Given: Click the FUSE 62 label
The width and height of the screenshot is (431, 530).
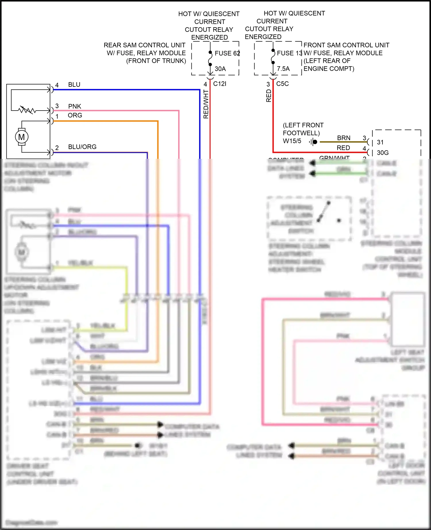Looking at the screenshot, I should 227,53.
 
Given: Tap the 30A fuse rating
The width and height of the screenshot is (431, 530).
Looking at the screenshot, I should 220,69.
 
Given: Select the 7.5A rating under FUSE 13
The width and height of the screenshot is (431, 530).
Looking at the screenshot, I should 283,69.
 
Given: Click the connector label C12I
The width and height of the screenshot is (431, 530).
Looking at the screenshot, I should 220,84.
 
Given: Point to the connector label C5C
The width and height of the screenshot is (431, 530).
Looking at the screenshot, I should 282,84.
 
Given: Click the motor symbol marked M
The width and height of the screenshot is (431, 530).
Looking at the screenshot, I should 22,137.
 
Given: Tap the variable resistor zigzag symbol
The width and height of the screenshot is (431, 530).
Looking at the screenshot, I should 27,110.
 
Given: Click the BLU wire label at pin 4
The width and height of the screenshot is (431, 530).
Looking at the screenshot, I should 74,85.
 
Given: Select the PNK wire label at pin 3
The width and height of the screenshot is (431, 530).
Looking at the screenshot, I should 74,107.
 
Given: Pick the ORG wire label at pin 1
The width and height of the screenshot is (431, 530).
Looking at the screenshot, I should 75,115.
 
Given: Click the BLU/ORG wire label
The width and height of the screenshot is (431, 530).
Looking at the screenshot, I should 82,147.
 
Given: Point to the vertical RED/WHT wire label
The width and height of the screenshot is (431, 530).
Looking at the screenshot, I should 206,104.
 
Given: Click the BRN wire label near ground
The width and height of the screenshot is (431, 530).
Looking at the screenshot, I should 344,138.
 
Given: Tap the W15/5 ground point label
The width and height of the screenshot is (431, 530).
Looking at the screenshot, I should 292,141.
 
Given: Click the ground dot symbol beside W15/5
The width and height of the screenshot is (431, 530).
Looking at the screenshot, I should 315,142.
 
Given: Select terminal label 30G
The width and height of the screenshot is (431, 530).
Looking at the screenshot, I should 383,153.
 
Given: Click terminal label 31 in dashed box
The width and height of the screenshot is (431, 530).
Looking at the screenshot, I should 380,142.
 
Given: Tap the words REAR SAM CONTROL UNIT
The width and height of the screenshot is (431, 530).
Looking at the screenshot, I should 144,45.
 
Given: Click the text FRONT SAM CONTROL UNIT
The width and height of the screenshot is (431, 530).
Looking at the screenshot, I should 346,45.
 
